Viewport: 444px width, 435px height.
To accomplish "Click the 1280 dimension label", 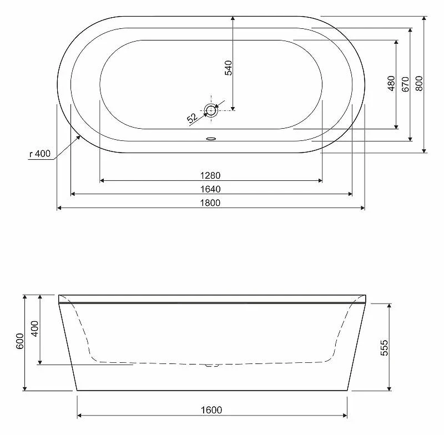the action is pyautogui.click(x=210, y=175).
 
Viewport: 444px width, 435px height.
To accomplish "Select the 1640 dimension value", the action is pyautogui.click(x=210, y=189).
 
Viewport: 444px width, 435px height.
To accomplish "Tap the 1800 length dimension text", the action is pyautogui.click(x=210, y=203).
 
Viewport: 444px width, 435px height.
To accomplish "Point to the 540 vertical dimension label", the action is pyautogui.click(x=228, y=68).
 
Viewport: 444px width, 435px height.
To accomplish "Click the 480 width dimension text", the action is pyautogui.click(x=391, y=83).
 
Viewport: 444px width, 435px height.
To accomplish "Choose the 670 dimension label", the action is pyautogui.click(x=405, y=84).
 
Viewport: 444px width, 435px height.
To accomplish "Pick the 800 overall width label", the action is pyautogui.click(x=419, y=83).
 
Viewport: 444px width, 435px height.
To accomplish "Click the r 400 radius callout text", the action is pyautogui.click(x=40, y=154).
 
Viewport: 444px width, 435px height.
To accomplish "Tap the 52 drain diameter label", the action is pyautogui.click(x=192, y=118).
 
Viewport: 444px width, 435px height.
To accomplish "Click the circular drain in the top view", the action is pyautogui.click(x=211, y=110).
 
